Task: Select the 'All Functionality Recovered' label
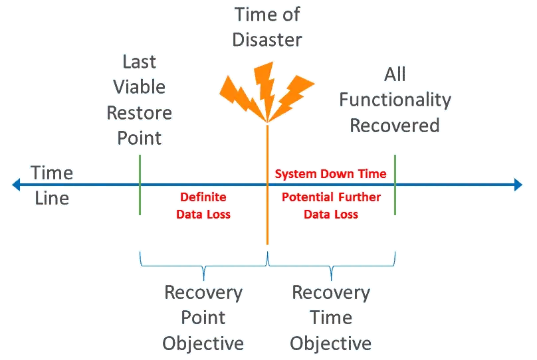point(395,100)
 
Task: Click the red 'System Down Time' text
point(330,174)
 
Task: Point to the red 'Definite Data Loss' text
point(203,206)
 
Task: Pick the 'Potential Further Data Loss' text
point(331,206)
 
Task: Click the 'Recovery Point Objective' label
point(203,317)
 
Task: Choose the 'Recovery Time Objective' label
point(331,317)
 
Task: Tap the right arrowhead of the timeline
point(517,184)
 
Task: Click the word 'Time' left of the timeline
point(52,173)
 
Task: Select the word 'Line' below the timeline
point(52,198)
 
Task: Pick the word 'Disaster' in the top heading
point(267,39)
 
